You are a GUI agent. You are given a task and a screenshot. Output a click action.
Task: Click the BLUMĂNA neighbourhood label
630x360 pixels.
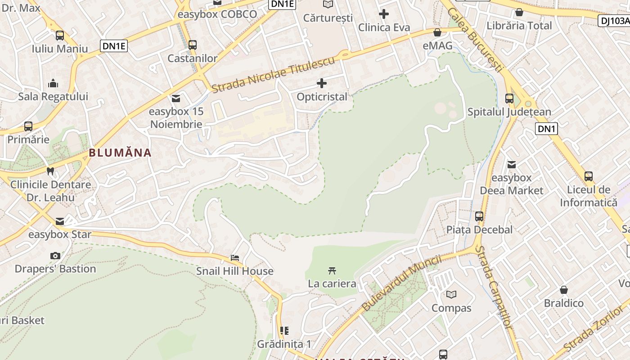120,153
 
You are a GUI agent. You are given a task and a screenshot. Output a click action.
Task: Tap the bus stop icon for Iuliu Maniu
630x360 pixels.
60,36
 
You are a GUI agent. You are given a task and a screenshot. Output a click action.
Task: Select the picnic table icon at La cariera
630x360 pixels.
332,270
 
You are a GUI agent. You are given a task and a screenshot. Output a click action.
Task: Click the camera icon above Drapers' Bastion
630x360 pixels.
55,256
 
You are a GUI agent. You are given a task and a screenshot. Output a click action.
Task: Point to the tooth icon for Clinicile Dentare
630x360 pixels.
50,171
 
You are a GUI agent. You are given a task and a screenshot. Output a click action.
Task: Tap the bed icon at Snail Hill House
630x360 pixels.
234,258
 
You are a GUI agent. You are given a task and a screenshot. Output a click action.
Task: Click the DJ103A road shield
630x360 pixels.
614,20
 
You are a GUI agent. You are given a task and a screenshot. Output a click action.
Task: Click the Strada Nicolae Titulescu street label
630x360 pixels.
274,75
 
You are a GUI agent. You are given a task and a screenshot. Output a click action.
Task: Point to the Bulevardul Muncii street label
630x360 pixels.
401,283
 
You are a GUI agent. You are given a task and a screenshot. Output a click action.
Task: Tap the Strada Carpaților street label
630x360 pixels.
494,293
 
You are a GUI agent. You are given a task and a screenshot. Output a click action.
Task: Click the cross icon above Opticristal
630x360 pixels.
322,83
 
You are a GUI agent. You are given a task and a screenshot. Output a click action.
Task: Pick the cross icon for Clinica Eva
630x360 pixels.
384,14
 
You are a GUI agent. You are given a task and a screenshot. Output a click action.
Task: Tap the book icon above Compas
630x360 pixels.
451,294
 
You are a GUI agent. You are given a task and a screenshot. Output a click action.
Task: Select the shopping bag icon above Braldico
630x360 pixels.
564,290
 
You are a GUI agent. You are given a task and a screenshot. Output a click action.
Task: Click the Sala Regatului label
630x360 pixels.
53,97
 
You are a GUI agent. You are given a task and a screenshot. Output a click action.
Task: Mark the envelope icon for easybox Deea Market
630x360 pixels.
512,164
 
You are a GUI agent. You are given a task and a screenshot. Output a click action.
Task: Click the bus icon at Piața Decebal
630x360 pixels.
479,216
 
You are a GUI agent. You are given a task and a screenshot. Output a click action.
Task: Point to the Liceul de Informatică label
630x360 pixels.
589,196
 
